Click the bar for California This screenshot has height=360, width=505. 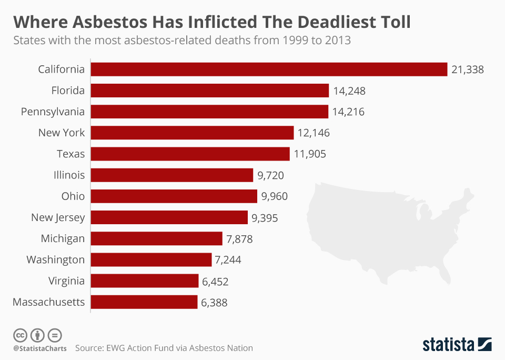click(269, 69)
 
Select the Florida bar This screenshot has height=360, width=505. click(210, 91)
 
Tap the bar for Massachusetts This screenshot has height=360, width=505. click(144, 302)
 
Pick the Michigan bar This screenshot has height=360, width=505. click(157, 238)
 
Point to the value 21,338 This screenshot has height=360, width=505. click(467, 69)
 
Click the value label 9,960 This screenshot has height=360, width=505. click(275, 196)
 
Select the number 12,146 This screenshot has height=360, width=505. click(314, 133)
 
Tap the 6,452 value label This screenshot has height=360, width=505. click(215, 281)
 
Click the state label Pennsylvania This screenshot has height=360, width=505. click(53, 112)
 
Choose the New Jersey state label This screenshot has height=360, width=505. click(58, 217)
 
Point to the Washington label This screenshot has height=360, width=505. click(55, 259)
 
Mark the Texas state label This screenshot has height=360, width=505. click(70, 154)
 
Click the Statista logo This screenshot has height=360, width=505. click(457, 345)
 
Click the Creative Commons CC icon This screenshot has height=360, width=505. click(21, 335)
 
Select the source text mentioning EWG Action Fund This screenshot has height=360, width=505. click(164, 348)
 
